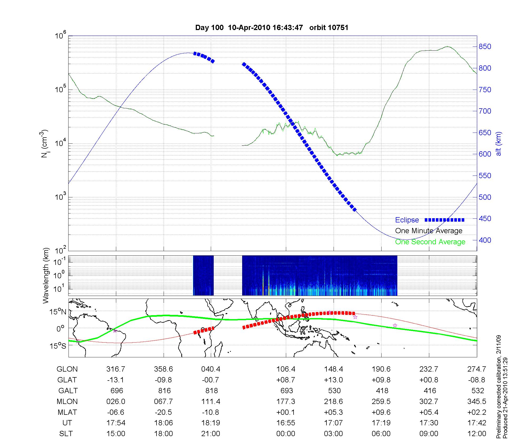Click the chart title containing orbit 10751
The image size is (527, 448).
coord(272,28)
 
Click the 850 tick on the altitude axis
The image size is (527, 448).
coord(485,47)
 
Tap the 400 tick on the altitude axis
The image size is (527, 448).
coord(485,240)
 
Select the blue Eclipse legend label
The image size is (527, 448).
coord(407,220)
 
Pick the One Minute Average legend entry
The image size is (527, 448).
coord(429,231)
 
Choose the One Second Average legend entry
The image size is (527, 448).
coord(430,242)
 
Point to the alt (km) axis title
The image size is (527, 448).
coord(499,144)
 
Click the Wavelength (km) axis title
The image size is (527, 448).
coord(46,275)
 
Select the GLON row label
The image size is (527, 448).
coord(67,369)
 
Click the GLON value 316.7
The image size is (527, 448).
coord(116,369)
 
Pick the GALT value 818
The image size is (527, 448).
coord(211,391)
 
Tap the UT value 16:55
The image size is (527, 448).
coord(286,423)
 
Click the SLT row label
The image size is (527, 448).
coord(66,434)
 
